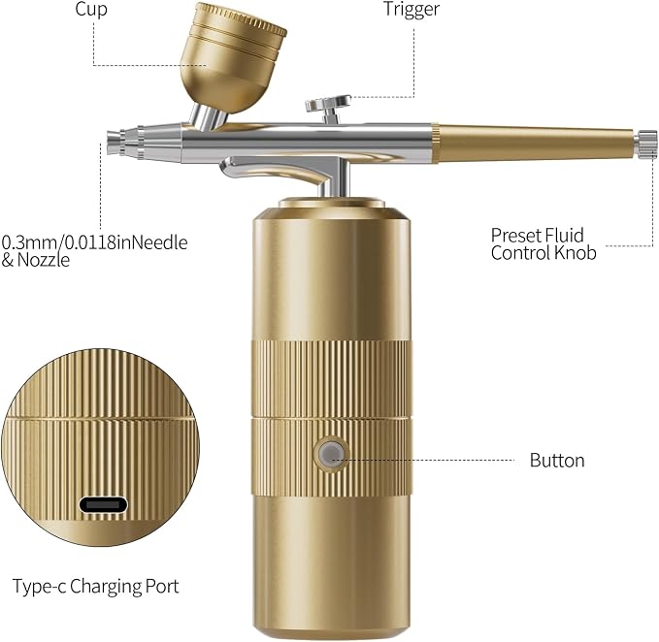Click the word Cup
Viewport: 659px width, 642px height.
coord(91,10)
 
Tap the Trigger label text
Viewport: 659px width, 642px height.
coord(412,10)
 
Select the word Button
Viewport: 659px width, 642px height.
coord(557,461)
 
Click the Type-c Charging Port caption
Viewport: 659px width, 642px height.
coord(96,587)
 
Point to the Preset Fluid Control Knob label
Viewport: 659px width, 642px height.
coord(544,244)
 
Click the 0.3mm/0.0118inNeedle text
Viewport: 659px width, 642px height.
coord(94,242)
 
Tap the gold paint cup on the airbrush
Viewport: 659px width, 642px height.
coord(233,56)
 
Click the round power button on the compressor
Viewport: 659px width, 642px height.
coord(331,454)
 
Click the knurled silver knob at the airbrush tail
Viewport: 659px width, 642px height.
coord(646,144)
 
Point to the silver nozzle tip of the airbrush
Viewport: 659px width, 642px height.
coord(115,143)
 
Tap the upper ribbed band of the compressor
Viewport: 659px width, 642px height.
coord(331,379)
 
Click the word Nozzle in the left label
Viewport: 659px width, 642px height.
coord(44,260)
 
